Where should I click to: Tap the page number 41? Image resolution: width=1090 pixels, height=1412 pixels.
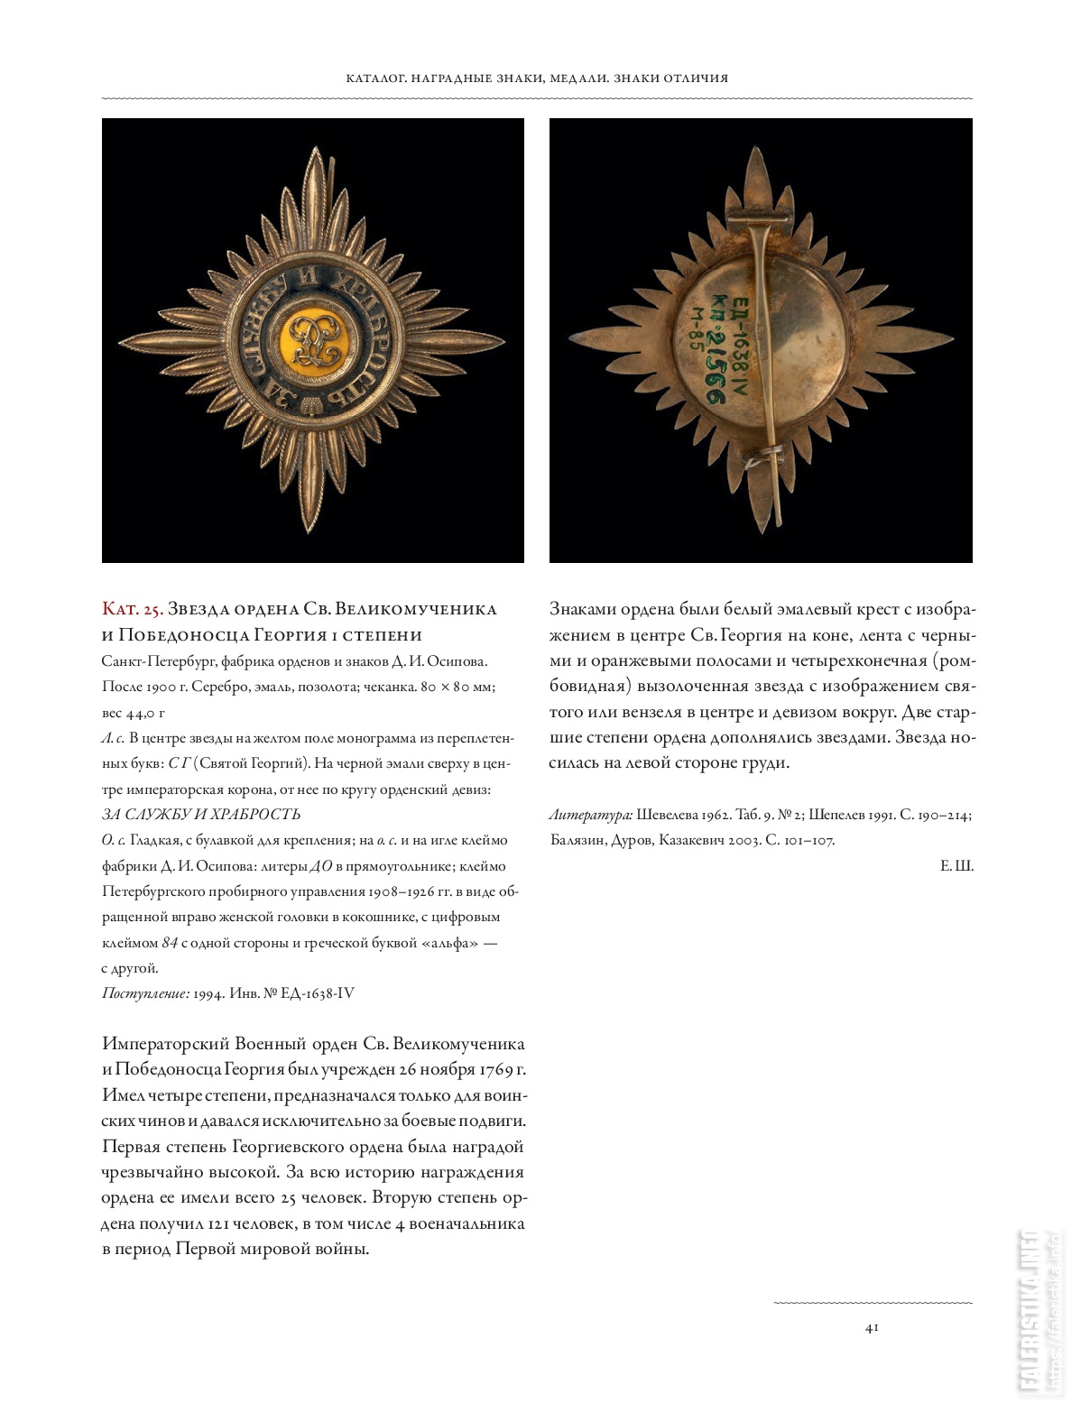coord(872,1327)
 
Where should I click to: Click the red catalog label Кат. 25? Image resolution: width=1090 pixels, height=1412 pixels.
coord(132,609)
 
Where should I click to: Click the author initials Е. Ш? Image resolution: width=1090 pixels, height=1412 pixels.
coord(956,866)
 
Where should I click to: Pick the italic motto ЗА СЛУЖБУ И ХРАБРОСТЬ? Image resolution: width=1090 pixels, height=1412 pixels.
coord(200,815)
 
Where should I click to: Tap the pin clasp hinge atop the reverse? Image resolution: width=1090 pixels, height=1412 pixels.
coord(762,217)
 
